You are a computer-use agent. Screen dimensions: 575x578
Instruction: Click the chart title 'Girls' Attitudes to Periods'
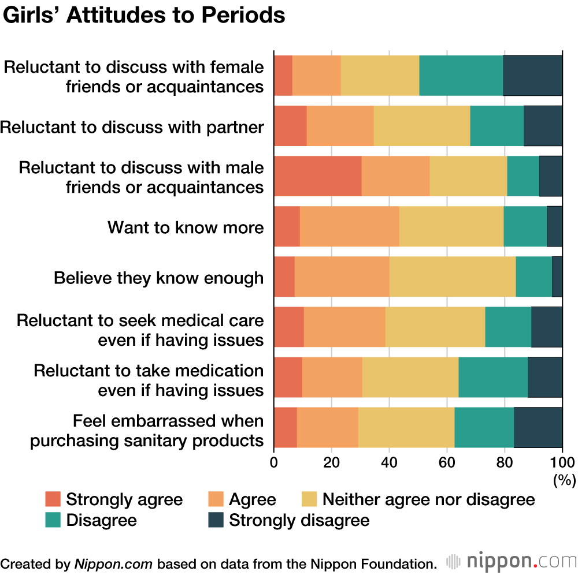(x=144, y=16)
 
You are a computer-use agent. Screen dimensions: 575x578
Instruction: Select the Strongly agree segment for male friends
(x=317, y=176)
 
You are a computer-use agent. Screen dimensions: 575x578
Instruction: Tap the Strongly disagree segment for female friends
(x=532, y=76)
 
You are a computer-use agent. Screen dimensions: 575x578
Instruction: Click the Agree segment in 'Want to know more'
(x=349, y=226)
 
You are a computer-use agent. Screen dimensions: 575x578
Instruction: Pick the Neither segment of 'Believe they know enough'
(x=452, y=277)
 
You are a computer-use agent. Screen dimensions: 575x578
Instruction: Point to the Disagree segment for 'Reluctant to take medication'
(x=492, y=377)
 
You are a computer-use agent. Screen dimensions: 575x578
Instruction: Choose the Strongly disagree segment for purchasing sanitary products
(x=538, y=427)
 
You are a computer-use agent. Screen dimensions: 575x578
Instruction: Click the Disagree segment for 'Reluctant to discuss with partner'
(x=497, y=126)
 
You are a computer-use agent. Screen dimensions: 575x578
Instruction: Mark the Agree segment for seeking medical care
(x=344, y=327)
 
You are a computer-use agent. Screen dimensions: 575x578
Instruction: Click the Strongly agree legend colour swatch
(x=53, y=499)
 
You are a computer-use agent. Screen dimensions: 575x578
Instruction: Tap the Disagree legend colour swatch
(x=53, y=520)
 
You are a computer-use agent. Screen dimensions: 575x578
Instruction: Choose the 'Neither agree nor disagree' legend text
(x=428, y=499)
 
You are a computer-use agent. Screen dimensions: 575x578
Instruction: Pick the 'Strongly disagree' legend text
(x=299, y=520)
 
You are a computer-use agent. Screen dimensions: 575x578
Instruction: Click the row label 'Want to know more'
(x=186, y=227)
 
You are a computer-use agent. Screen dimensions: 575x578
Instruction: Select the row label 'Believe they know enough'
(x=158, y=278)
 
